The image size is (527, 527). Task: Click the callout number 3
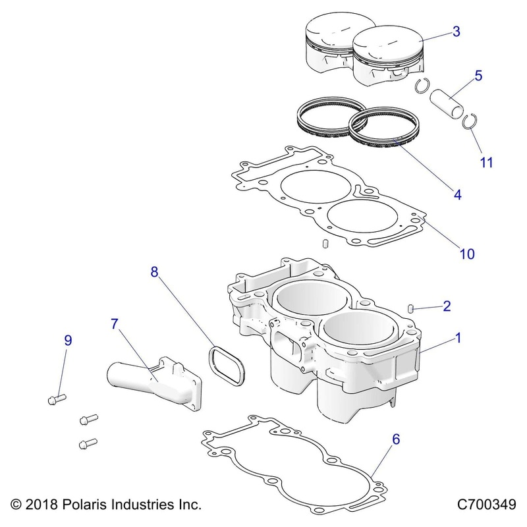click(457, 31)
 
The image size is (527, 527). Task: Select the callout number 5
click(478, 75)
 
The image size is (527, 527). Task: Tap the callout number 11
click(487, 162)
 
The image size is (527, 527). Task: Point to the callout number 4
click(457, 194)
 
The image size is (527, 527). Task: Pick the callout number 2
click(447, 306)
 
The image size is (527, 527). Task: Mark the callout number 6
click(396, 438)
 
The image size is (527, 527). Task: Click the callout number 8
click(155, 272)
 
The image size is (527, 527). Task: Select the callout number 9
click(67, 341)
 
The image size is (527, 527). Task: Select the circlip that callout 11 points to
click(470, 121)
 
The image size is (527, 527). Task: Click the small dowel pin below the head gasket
click(325, 244)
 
